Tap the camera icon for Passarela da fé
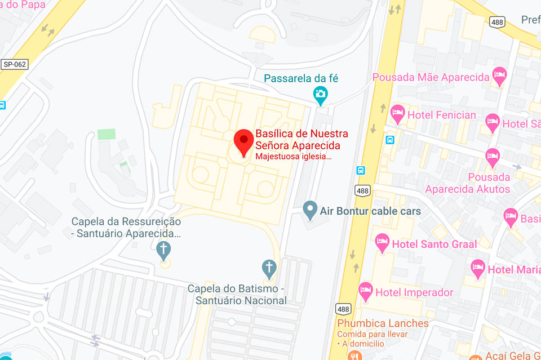pyautogui.click(x=321, y=95)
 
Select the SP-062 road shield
pyautogui.click(x=15, y=64)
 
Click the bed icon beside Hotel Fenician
pyautogui.click(x=398, y=114)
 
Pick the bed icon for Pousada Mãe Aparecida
pyautogui.click(x=499, y=75)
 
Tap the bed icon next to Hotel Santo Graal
pyautogui.click(x=382, y=242)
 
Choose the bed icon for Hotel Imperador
pyautogui.click(x=366, y=291)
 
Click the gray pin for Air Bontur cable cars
pyautogui.click(x=309, y=210)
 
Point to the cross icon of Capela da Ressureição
pyautogui.click(x=164, y=250)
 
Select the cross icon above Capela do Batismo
pyautogui.click(x=270, y=268)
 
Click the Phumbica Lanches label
pyautogui.click(x=383, y=323)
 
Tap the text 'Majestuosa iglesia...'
pyautogui.click(x=293, y=156)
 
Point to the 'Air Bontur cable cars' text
pyautogui.click(x=370, y=211)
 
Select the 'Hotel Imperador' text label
pyautogui.click(x=415, y=292)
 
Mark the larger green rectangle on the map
pyautogui.click(x=106, y=134)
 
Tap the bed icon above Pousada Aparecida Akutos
pyautogui.click(x=493, y=156)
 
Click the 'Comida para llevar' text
pyautogui.click(x=369, y=334)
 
